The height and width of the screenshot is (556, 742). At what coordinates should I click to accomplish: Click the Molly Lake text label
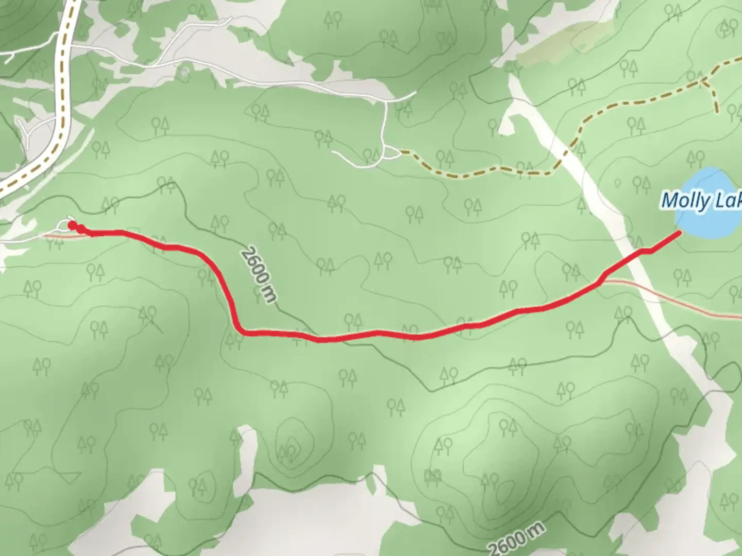point(701,200)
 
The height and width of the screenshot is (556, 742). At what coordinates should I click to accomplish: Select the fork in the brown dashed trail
point(702,80)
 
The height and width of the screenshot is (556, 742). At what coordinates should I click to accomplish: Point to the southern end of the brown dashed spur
point(716,111)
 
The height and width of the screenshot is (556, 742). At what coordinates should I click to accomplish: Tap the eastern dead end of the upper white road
point(415,93)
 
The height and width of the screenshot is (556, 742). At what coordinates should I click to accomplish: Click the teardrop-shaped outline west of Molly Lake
point(618,183)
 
